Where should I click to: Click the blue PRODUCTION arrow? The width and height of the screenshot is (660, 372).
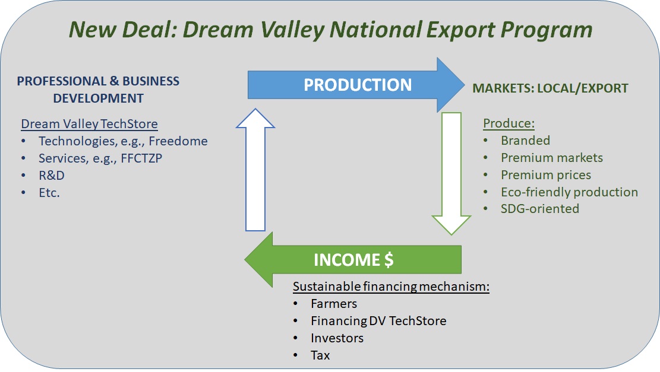tap(356, 85)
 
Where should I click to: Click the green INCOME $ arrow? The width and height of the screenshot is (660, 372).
tap(353, 259)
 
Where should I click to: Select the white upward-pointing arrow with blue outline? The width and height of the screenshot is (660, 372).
tap(255, 170)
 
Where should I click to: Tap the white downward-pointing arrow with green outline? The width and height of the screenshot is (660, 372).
tap(451, 173)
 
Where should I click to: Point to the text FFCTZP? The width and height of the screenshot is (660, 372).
tap(141, 158)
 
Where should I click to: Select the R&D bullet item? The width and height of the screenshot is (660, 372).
tap(51, 175)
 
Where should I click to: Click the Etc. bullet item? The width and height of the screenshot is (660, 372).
tap(49, 192)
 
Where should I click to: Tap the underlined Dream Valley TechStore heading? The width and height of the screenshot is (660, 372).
tap(89, 124)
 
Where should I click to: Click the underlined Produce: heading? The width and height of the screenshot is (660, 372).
tap(509, 123)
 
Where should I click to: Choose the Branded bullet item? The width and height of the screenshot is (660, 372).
tap(525, 141)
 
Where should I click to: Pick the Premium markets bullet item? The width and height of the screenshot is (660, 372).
tap(552, 158)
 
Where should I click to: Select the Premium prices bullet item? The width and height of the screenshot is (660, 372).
tap(546, 175)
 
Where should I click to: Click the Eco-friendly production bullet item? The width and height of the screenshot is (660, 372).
tap(570, 192)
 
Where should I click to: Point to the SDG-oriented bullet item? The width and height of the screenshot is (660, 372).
tap(540, 208)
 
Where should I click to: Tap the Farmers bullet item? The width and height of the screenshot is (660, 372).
tap(334, 304)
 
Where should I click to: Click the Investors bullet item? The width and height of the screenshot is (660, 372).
tap(337, 338)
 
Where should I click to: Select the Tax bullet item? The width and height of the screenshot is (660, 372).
tap(320, 355)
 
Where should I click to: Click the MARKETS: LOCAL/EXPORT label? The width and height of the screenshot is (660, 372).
tap(550, 88)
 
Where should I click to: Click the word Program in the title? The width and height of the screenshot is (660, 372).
tap(547, 30)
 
